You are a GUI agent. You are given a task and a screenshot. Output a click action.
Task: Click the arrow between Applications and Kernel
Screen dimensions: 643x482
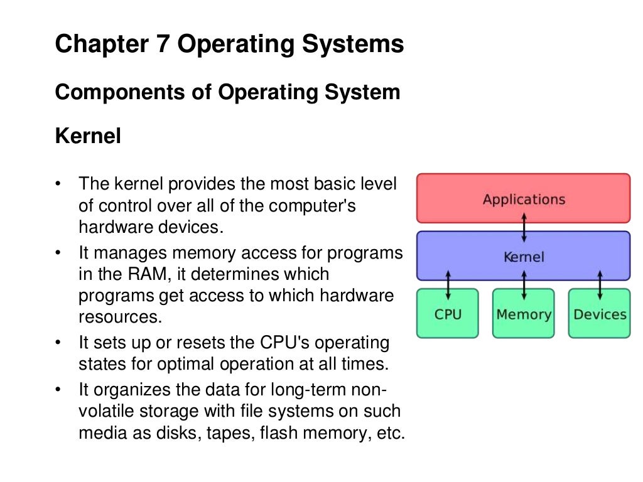coord(524,227)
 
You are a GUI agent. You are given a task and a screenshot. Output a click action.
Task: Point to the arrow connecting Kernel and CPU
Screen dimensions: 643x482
coord(448,285)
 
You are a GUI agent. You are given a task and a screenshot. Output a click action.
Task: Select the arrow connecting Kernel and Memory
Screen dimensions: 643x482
coord(524,285)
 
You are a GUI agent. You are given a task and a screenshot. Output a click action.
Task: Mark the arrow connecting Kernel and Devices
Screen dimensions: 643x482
coord(600,285)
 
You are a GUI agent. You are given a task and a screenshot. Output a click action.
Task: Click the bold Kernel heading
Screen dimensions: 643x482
coord(88,136)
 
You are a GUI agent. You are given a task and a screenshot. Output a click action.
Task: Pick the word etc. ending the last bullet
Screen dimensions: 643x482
coord(390,433)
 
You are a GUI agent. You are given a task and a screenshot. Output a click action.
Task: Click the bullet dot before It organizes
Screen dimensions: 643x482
coord(58,390)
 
